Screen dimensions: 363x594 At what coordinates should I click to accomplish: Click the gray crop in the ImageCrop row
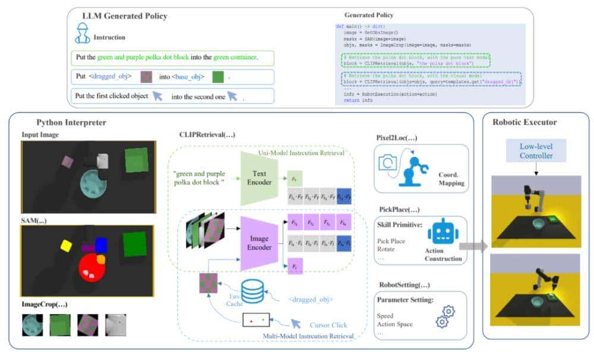click(x=116, y=325)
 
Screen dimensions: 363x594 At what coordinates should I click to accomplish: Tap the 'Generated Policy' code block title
click(x=368, y=15)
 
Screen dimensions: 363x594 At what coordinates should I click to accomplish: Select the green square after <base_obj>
click(x=218, y=77)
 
